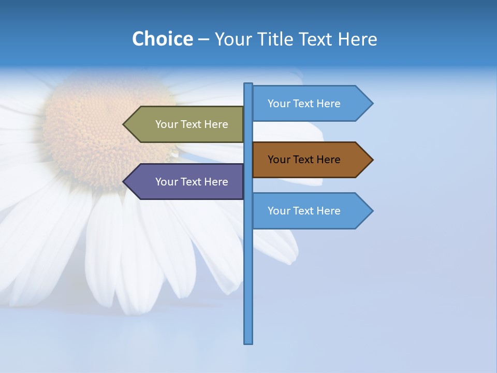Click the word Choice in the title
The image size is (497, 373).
[x=162, y=39]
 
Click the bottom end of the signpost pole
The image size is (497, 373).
[x=248, y=342]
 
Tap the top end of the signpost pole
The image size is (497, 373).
[x=248, y=84]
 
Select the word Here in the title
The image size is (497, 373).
[x=357, y=39]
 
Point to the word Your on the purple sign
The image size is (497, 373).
[x=166, y=182]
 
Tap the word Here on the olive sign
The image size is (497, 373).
[x=216, y=124]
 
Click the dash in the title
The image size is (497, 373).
[x=203, y=39]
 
